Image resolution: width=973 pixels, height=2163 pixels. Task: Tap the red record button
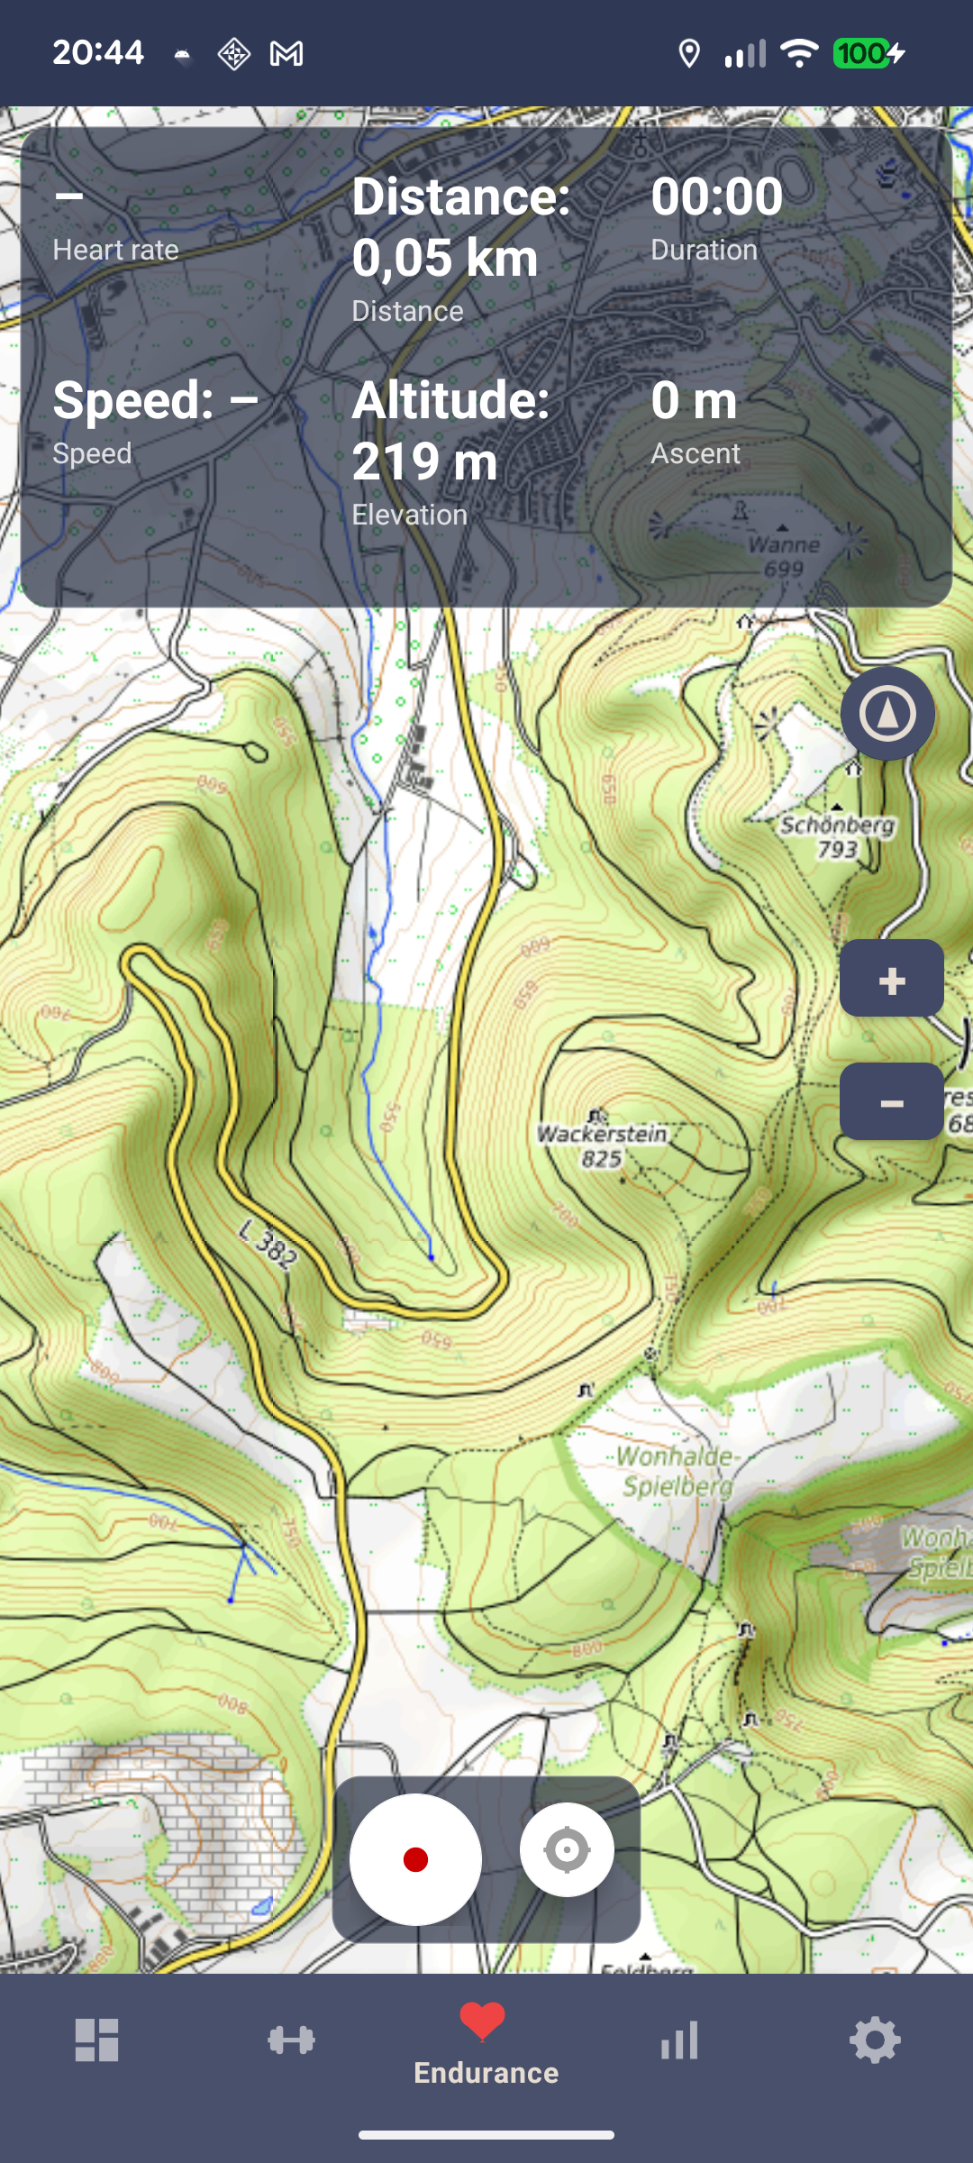pos(415,1859)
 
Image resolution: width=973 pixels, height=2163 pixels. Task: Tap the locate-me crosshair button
pos(567,1850)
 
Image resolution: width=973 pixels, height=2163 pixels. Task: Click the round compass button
pos(887,714)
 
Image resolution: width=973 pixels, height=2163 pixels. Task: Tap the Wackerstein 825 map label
pos(602,1145)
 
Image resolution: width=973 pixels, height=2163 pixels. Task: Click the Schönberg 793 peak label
pos(837,836)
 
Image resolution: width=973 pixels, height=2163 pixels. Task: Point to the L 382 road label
pos(268,1244)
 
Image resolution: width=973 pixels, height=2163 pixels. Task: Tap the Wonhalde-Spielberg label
pos(678,1471)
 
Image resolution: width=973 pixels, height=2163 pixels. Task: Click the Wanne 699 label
pos(784,556)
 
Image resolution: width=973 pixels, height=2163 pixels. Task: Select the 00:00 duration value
pos(716,196)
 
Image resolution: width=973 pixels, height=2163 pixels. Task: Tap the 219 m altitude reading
pos(424,461)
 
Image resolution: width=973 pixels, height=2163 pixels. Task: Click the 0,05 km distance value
pos(444,258)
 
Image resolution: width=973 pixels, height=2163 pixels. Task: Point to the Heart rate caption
pos(115,250)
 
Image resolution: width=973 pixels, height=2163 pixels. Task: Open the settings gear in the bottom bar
pos(875,2040)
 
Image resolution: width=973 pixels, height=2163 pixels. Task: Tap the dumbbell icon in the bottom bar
pos(291,2040)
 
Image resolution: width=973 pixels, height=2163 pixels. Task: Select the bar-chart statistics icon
pos(680,2040)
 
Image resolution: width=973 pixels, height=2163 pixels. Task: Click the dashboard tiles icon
pos(96,2040)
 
